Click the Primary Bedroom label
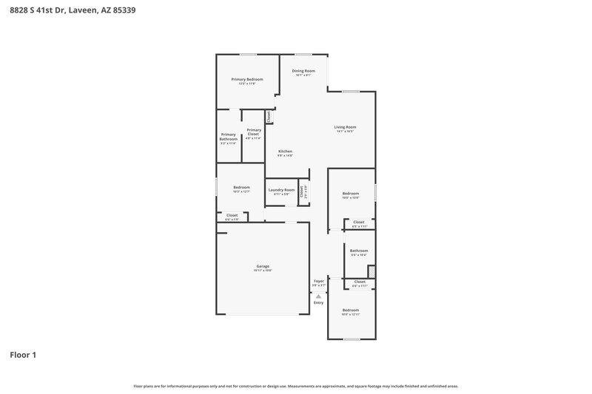pos(246,79)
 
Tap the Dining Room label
pos(303,71)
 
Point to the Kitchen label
pos(285,152)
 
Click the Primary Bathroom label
pos(228,137)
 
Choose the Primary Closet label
pos(254,132)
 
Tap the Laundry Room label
pos(281,190)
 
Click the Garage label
pos(263,266)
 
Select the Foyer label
pos(319,281)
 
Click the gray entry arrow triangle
pos(319,296)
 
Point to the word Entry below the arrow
pos(319,302)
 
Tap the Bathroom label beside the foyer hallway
pos(359,251)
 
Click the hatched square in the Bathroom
pos(371,272)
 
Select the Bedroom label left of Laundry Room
pos(241,187)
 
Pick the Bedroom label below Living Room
pos(350,194)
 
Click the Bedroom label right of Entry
pos(350,310)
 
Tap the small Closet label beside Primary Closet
pos(269,117)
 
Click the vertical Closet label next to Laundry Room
pos(302,190)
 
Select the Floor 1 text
pos(23,355)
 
